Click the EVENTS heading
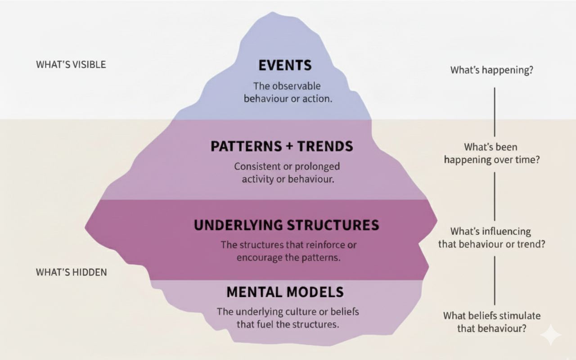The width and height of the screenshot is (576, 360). [285, 65]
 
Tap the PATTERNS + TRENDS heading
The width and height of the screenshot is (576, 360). [282, 146]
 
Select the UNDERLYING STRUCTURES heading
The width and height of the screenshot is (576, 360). [286, 225]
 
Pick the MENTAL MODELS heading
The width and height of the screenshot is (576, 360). [285, 292]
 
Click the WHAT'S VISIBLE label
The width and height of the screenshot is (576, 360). [71, 64]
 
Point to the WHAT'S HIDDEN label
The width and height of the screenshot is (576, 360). [71, 272]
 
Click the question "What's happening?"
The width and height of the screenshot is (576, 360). [492, 70]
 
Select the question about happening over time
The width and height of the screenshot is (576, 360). [492, 153]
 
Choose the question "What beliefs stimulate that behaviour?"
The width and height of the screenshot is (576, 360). [492, 322]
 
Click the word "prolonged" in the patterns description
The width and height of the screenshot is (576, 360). [317, 166]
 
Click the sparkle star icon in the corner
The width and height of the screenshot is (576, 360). [551, 335]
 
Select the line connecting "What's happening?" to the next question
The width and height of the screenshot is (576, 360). [495, 111]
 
